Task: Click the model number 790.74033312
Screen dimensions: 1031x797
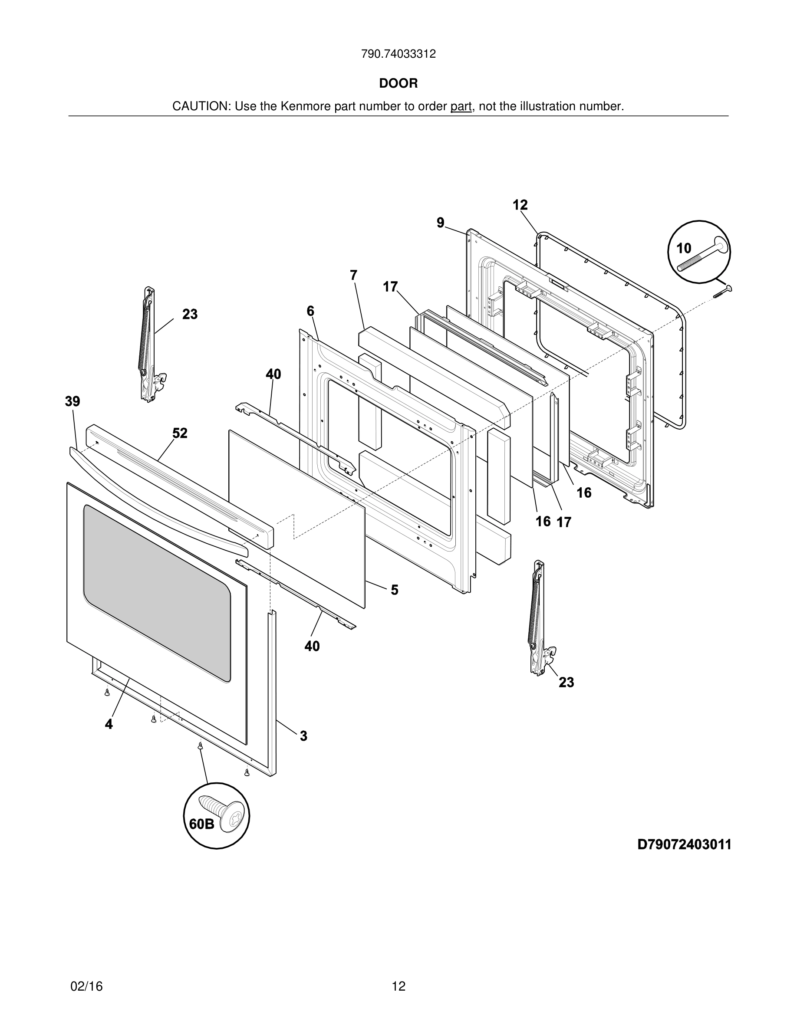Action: click(398, 54)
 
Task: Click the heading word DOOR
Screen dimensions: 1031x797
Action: click(398, 84)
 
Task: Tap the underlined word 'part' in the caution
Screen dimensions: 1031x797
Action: click(461, 107)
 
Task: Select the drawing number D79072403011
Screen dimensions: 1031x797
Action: click(684, 844)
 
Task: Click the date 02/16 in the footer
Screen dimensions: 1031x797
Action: click(86, 986)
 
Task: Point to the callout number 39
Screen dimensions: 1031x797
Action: click(73, 402)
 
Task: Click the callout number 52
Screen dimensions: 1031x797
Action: click(180, 433)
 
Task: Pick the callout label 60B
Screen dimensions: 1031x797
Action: click(201, 824)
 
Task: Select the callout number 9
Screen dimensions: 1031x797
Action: click(441, 222)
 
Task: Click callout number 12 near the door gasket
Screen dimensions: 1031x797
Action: click(520, 205)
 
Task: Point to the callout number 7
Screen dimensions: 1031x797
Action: click(354, 275)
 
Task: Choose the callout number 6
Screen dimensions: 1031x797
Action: click(310, 311)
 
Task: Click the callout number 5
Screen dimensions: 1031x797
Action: click(394, 590)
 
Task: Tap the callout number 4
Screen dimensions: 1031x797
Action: click(109, 724)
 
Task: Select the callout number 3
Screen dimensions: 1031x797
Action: click(303, 735)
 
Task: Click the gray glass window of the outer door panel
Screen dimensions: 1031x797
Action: click(157, 592)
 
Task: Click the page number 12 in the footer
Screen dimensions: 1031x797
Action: click(398, 986)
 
